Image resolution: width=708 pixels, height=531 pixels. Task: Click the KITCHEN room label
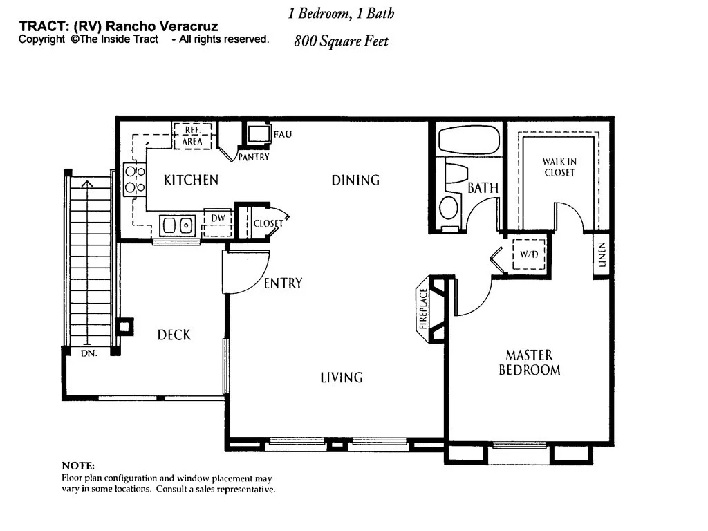191,180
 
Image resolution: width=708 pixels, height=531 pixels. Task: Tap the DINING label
355,180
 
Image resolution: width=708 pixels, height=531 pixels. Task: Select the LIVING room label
342,378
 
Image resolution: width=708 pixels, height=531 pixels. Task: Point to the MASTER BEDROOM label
529,362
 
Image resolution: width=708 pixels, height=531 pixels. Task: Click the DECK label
174,335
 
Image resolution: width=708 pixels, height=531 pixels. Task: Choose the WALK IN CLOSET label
559,167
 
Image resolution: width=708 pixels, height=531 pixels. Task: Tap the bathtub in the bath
469,140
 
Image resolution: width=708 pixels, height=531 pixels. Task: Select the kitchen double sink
178,225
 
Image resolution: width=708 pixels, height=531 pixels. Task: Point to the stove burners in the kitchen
135,179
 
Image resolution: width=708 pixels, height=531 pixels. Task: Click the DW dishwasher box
218,223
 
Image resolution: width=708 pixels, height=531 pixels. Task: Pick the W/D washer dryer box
529,254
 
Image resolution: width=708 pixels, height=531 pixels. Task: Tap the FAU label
283,135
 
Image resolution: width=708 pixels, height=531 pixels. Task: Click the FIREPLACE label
423,308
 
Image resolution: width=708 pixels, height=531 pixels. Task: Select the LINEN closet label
602,254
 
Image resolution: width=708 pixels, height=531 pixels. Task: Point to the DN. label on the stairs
89,353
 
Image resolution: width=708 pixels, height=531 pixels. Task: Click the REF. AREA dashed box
192,136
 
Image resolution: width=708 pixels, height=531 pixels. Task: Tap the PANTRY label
253,157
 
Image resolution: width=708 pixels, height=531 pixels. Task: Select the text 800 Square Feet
341,41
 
